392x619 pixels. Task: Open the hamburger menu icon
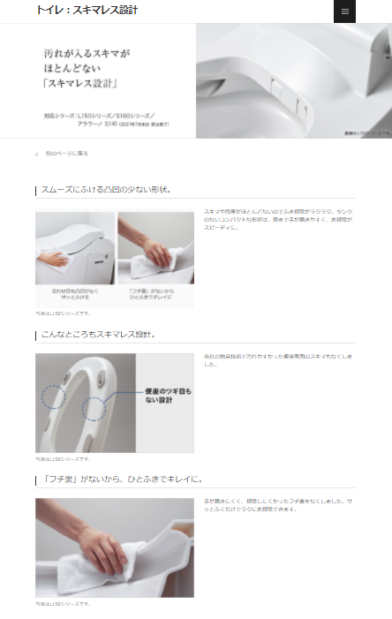[x=344, y=11]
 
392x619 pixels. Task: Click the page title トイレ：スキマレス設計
[x=87, y=11]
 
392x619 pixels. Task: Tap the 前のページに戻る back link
[x=66, y=154]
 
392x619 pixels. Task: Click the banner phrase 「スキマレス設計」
[x=79, y=85]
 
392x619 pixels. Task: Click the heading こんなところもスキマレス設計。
[x=99, y=335]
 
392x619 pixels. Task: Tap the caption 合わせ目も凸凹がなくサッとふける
[x=75, y=294]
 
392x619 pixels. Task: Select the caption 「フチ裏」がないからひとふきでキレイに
[x=155, y=294]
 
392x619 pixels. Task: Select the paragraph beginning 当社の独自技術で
[x=277, y=360]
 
